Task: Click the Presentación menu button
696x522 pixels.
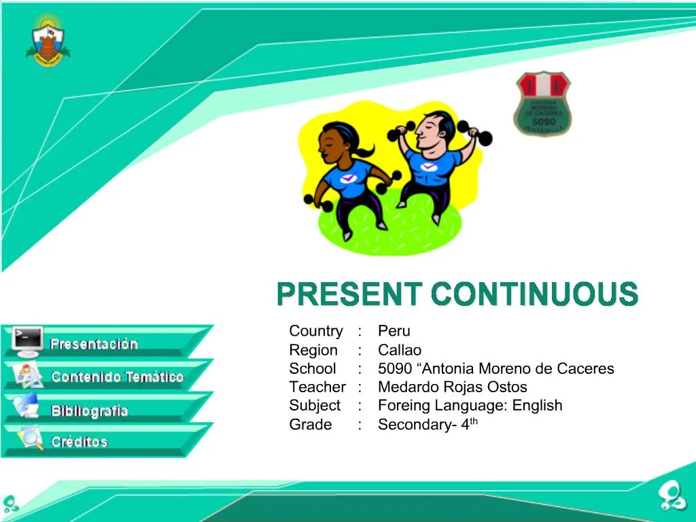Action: tap(94, 344)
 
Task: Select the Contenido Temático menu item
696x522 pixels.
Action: tap(117, 377)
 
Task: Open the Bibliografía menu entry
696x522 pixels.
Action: tap(89, 411)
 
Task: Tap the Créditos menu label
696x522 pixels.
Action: tap(80, 442)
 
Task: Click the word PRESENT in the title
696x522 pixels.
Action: tap(349, 295)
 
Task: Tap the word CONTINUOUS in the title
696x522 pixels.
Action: tap(534, 295)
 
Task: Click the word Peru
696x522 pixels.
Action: tap(394, 331)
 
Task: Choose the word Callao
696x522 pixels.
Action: tap(400, 350)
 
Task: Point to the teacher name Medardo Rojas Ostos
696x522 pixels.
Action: tap(452, 387)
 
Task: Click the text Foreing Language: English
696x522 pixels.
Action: tap(470, 406)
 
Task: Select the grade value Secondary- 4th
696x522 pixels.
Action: tap(428, 425)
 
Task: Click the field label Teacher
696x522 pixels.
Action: tap(317, 387)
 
